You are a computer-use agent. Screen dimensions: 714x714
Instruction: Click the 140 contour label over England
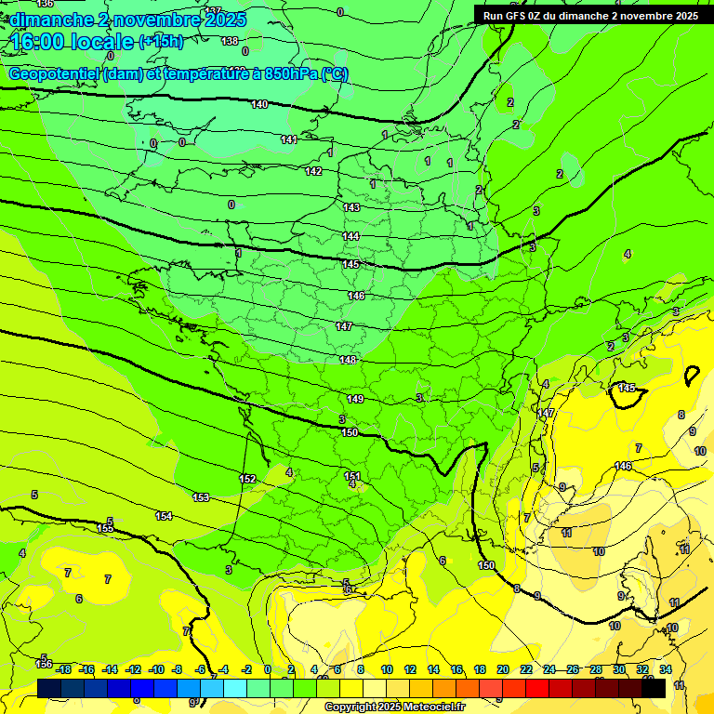tap(259, 104)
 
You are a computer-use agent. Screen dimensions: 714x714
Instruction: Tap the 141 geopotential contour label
tap(288, 139)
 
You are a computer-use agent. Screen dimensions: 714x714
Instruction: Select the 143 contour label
tap(350, 207)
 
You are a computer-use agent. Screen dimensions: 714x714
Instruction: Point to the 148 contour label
tap(348, 360)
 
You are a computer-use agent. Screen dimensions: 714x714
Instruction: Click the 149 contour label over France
tap(355, 399)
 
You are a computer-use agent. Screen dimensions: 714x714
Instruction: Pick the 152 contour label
tap(247, 479)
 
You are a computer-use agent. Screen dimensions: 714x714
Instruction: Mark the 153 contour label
tap(201, 497)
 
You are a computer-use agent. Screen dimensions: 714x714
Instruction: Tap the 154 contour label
tap(164, 516)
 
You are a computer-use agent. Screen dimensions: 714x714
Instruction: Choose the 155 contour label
tap(105, 528)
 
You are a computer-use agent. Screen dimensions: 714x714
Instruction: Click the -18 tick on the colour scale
tap(63, 669)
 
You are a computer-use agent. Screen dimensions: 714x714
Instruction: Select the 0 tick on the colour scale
tap(268, 669)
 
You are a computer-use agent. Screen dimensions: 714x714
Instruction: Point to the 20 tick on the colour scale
tap(502, 669)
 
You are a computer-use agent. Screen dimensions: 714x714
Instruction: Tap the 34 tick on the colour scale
tap(666, 669)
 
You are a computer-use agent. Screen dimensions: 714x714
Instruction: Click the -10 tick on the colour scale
tap(156, 669)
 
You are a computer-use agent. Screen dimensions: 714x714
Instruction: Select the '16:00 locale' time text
tap(72, 42)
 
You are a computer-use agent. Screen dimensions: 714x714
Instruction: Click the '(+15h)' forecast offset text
tap(162, 42)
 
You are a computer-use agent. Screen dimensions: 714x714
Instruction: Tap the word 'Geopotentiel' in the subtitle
tap(54, 74)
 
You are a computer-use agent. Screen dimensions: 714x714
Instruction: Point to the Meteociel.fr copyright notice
tap(394, 707)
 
